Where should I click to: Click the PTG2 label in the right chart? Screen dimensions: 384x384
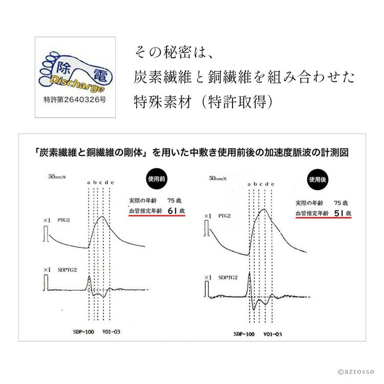[225, 217]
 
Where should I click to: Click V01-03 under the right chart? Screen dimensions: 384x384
[272, 333]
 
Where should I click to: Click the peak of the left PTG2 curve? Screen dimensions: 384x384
[102, 217]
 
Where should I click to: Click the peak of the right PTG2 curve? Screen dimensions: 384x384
[264, 209]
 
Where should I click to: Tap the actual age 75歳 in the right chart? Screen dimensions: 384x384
[342, 203]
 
